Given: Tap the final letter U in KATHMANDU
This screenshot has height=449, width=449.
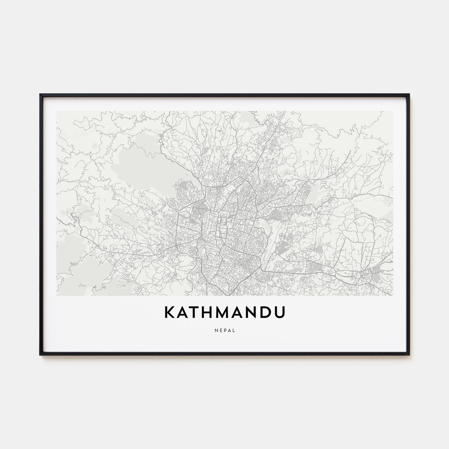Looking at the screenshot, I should click(x=280, y=313).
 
